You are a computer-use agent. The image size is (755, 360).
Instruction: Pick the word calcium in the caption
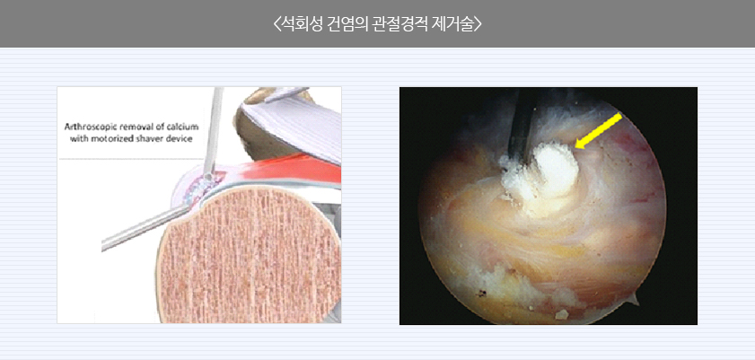point(183,127)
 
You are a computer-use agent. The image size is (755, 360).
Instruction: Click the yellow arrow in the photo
point(599,131)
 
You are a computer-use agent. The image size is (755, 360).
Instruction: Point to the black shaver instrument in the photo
point(521,124)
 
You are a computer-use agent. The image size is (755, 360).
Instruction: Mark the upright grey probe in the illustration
point(213,132)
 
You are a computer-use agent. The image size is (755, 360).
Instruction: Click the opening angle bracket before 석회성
point(277,24)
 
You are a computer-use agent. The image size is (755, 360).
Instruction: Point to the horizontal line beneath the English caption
point(130,158)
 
